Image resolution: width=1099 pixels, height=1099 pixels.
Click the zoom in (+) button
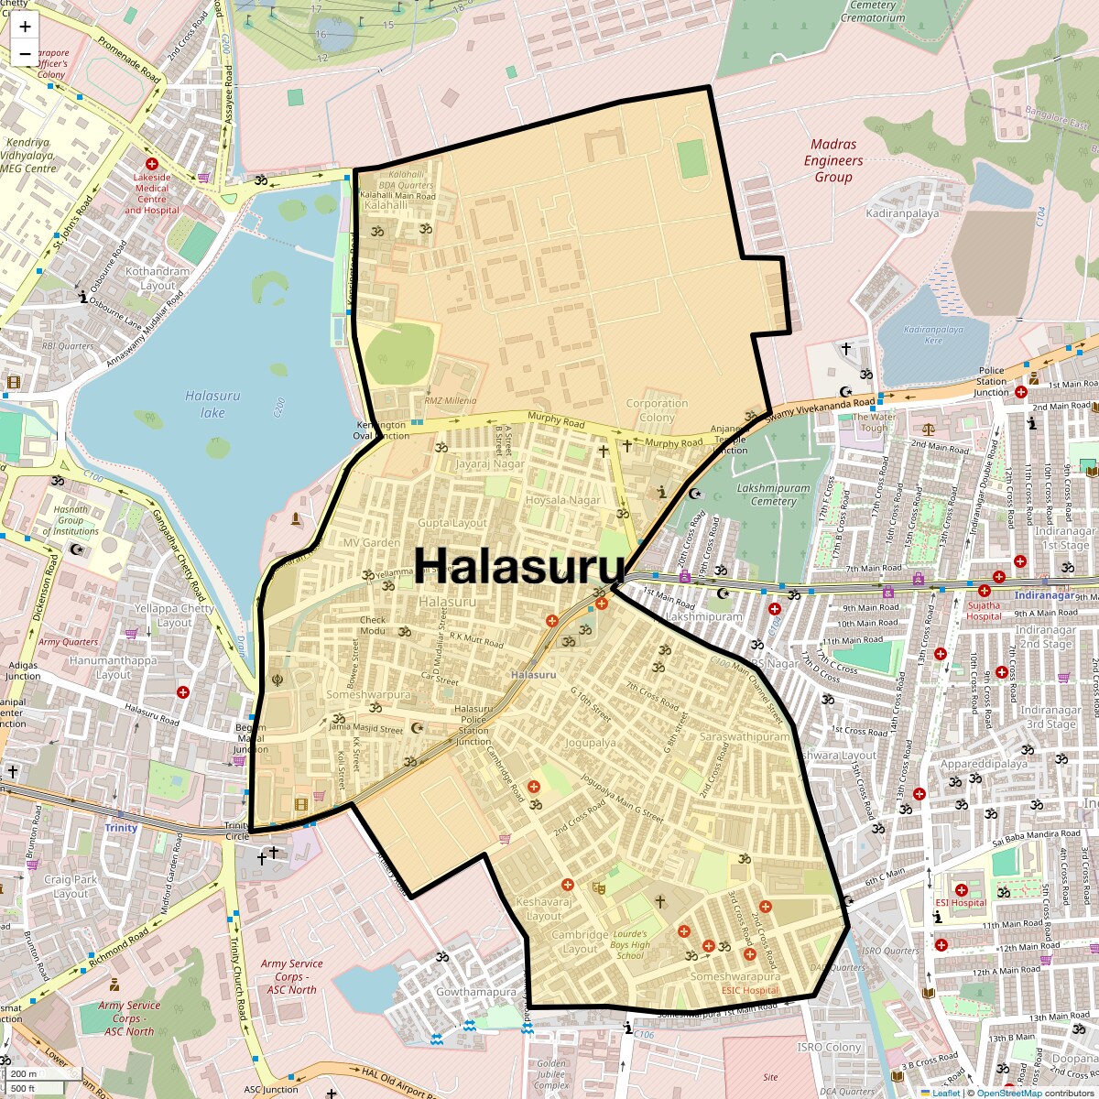tap(25, 27)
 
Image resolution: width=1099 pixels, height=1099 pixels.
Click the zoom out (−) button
tap(25, 54)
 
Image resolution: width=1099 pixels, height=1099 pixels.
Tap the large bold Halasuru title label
tap(519, 565)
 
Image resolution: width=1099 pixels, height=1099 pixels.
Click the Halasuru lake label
tap(212, 404)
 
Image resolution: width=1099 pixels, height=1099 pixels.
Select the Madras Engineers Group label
tap(833, 160)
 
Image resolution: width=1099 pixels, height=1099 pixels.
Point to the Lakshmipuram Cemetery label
tap(774, 495)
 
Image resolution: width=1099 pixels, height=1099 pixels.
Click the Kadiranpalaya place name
tap(902, 213)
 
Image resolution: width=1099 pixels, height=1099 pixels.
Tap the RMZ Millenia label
tap(451, 400)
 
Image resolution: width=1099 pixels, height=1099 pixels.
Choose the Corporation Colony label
tap(657, 409)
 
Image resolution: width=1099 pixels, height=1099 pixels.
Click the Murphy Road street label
tap(556, 420)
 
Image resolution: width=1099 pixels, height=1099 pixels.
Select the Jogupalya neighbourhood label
tap(590, 743)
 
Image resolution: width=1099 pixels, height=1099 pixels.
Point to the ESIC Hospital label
tap(750, 990)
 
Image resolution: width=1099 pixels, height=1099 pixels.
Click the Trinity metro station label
tap(121, 827)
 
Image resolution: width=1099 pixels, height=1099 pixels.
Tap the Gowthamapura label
tap(476, 992)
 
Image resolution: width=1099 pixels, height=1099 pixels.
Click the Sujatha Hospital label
tap(985, 611)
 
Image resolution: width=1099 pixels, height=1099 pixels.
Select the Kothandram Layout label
tap(158, 278)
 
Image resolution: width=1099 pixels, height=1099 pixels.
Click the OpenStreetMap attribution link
tap(1009, 1093)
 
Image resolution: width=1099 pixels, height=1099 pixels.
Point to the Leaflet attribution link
tap(945, 1093)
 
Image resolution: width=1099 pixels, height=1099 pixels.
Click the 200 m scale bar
tap(24, 1074)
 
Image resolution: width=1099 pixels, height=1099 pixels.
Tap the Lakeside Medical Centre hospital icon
tap(152, 163)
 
